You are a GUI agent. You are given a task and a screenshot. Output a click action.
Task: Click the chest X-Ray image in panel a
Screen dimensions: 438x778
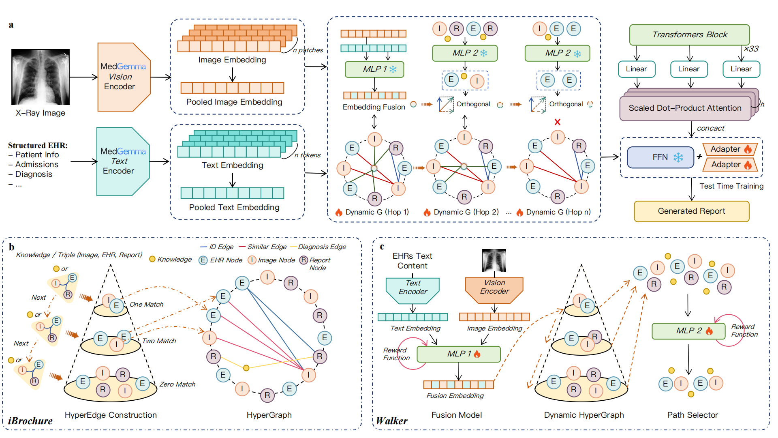(x=41, y=77)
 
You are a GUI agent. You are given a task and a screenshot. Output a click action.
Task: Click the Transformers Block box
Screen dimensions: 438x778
(x=689, y=35)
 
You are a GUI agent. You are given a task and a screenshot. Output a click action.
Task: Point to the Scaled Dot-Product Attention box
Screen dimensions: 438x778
(x=685, y=108)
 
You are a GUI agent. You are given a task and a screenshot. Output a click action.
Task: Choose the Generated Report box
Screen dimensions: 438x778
(x=691, y=211)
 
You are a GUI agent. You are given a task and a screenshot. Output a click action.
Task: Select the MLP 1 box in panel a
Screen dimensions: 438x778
(x=374, y=69)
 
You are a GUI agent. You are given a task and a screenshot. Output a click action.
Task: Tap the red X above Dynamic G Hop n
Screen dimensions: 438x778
(x=558, y=122)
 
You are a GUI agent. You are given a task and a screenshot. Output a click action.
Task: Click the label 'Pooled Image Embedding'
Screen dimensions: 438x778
(x=234, y=102)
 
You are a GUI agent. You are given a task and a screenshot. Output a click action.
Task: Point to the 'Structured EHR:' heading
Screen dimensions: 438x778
(x=38, y=145)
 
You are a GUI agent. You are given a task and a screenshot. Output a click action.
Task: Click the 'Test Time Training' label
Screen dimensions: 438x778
(x=731, y=186)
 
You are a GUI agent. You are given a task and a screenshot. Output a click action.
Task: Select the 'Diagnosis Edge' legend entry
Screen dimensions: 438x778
(x=322, y=247)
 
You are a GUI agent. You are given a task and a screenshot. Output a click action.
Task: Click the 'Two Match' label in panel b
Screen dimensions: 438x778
(x=159, y=341)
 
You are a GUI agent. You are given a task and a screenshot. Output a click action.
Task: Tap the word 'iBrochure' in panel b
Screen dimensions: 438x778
(x=30, y=421)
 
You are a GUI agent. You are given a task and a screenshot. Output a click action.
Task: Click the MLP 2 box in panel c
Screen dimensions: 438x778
(x=688, y=331)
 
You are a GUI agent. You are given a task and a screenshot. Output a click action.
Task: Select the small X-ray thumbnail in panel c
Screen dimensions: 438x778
(x=494, y=260)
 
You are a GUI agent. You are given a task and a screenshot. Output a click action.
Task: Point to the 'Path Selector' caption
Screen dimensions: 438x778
(x=693, y=415)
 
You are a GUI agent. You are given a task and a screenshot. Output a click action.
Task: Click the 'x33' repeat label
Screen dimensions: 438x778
(x=751, y=49)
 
